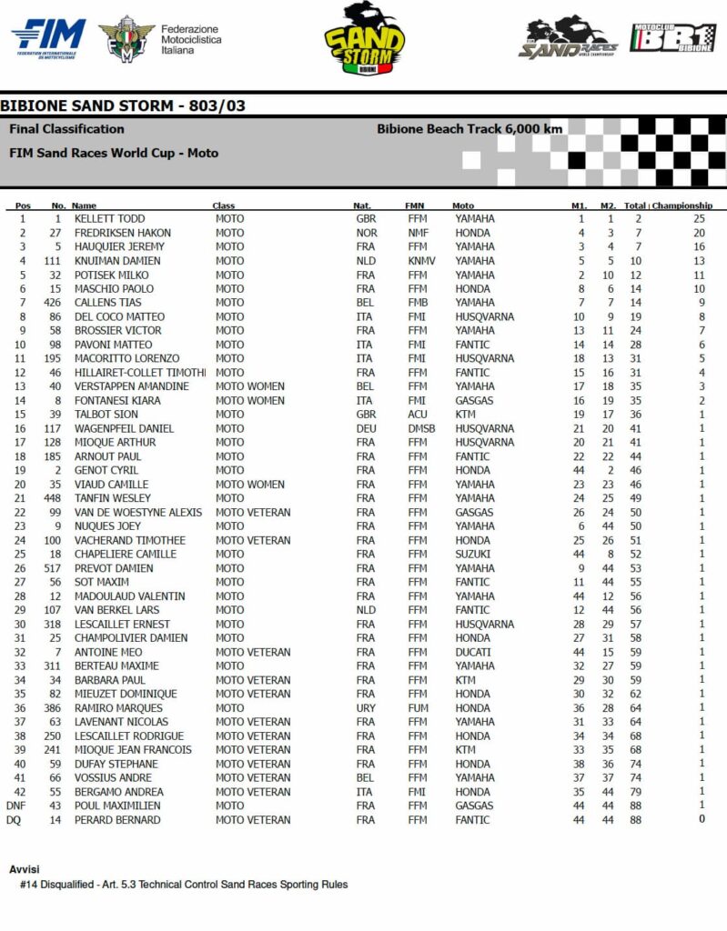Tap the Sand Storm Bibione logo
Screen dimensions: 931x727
tap(364, 39)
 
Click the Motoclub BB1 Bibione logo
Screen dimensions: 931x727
tap(673, 39)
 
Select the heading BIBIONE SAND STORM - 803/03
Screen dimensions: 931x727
tap(123, 106)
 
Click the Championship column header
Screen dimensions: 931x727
tap(682, 205)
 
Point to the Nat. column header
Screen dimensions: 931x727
tap(362, 205)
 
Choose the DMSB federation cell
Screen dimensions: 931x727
tap(422, 428)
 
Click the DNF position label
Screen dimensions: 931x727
tap(15, 806)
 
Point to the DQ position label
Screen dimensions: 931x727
tap(14, 820)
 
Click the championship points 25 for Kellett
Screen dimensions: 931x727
tap(699, 219)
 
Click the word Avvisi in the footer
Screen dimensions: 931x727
tap(24, 869)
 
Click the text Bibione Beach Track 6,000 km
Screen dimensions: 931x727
tap(470, 129)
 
